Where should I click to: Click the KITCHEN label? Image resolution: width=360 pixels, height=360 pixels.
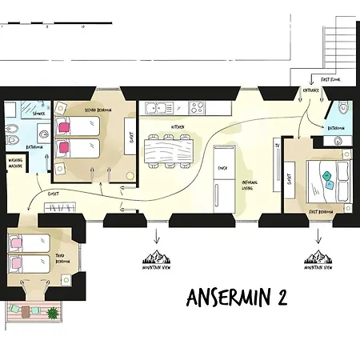pos(178,127)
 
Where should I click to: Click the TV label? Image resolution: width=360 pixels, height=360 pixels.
pos(277,146)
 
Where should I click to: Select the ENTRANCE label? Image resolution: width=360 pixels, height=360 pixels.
pos(311,90)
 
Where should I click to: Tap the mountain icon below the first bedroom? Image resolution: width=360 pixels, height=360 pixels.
pos(318,256)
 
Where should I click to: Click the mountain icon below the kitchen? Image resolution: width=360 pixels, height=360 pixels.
pos(156,256)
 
